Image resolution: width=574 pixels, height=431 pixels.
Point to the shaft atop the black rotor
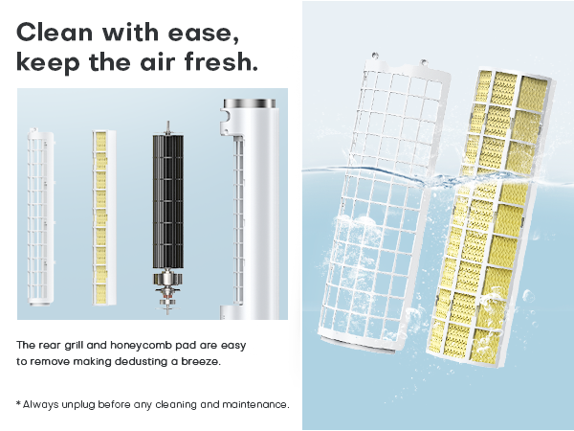166,125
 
